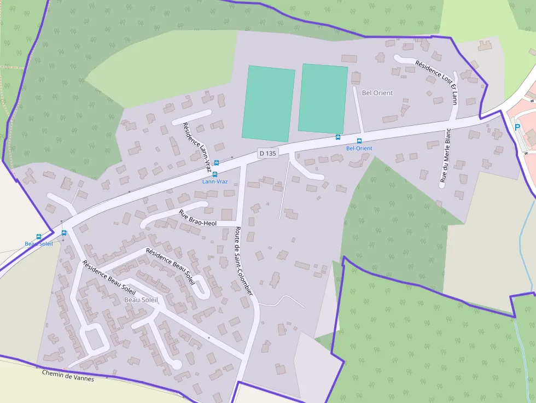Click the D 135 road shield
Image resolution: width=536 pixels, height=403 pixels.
point(267,154)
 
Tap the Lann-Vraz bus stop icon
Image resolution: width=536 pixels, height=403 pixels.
point(215,174)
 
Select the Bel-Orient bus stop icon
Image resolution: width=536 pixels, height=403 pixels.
point(359,141)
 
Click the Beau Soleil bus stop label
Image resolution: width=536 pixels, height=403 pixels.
point(39,244)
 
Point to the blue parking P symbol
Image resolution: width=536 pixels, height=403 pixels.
point(517,127)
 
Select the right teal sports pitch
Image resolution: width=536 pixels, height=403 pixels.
point(323,98)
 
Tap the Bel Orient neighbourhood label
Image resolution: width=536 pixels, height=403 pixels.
point(377,93)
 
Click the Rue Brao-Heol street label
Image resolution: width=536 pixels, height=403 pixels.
point(197,218)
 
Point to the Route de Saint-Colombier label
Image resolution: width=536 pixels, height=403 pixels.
point(244,261)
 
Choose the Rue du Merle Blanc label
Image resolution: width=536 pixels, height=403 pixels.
point(445,155)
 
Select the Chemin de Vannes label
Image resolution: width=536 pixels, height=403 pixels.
point(68,376)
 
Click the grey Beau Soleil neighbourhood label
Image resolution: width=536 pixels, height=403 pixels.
point(141,300)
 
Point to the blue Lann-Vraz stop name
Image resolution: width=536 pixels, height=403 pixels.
point(215,182)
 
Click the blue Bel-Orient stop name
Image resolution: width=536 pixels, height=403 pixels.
point(359,149)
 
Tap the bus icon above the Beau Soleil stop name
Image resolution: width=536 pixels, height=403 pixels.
point(39,237)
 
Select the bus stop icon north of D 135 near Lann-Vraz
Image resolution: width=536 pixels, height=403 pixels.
point(217,162)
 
